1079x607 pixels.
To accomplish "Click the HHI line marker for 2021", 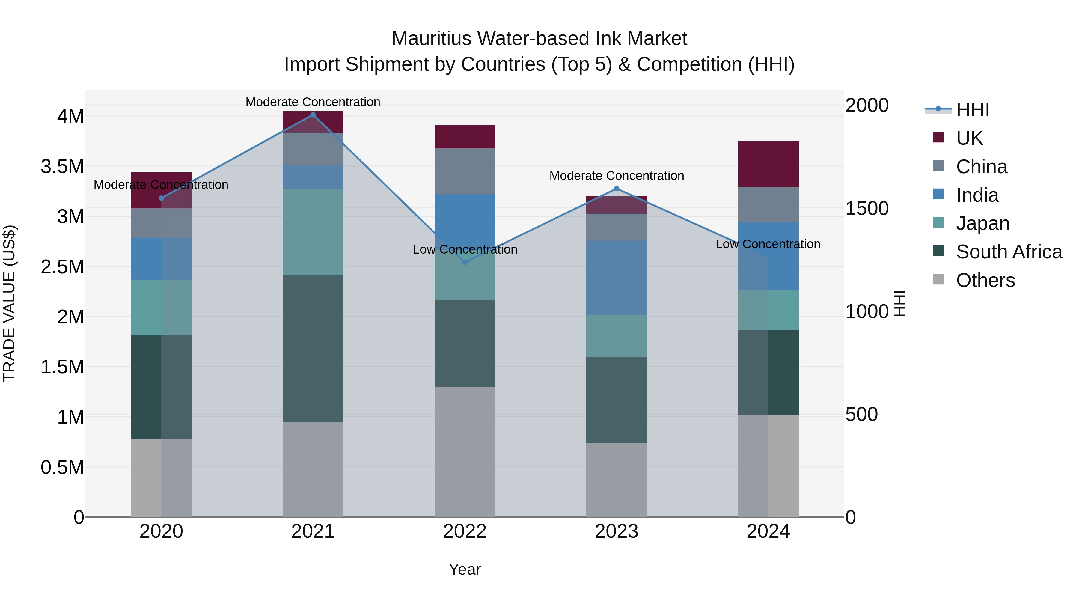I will [313, 115].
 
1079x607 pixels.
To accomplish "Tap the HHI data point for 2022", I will [465, 262].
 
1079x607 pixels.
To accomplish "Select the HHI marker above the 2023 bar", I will [616, 189].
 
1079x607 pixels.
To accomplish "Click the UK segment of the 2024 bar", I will [768, 164].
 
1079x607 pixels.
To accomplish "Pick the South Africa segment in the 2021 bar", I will [313, 349].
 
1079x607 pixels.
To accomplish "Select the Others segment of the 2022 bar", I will [465, 452].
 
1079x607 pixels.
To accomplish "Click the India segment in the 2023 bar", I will [616, 278].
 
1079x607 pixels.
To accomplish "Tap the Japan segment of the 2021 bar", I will [313, 232].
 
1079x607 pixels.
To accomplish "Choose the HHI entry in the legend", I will [972, 110].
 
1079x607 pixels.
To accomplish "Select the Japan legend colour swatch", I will [938, 223].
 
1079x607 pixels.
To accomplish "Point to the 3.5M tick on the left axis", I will [62, 166].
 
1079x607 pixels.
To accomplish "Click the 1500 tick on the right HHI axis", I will [866, 208].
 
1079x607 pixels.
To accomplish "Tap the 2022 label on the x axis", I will [465, 531].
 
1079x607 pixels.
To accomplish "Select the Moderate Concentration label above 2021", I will [313, 102].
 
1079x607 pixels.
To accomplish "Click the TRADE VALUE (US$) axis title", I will [9, 303].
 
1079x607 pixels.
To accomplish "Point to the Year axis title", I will [465, 569].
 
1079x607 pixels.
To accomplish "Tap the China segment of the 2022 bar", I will [465, 171].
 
